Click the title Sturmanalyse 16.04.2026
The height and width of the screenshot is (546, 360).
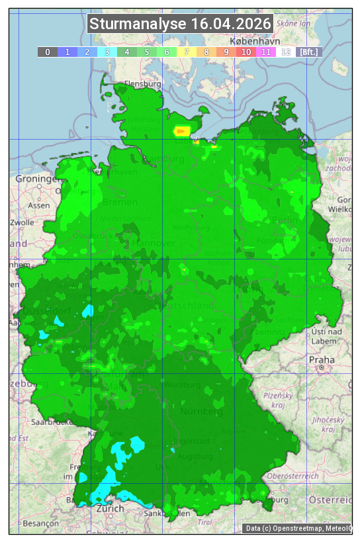[x=180, y=24]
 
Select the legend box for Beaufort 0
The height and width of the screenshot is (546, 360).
[x=48, y=52]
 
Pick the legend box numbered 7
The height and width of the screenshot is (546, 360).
[x=187, y=52]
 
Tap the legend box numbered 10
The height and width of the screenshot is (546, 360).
[x=246, y=52]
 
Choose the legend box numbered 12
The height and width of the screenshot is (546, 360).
[x=286, y=52]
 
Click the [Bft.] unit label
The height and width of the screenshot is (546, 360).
[x=308, y=52]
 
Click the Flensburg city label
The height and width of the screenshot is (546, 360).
[x=143, y=84]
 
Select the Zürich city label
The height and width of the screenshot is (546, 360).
[x=110, y=508]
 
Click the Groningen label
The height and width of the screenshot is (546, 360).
[x=36, y=179]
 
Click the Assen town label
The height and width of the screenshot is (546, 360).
[x=39, y=205]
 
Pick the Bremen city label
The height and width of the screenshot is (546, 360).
[x=120, y=201]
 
